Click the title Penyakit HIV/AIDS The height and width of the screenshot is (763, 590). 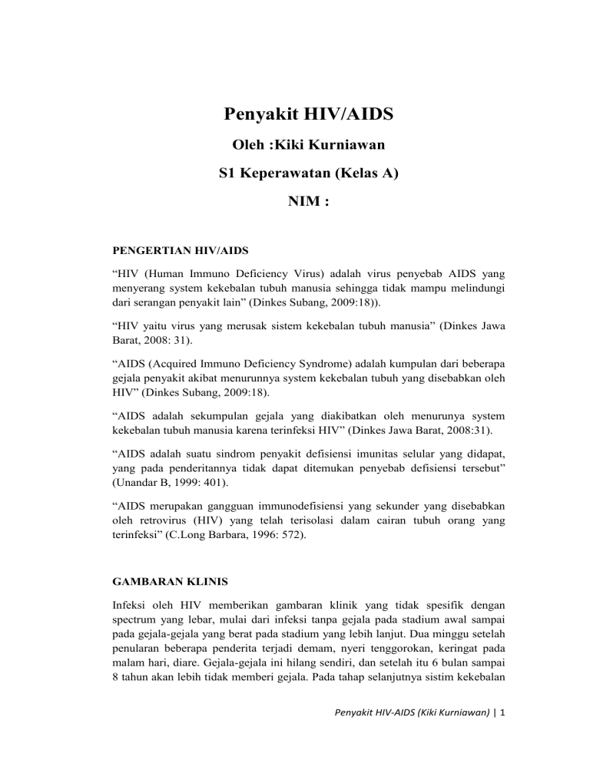tap(309, 115)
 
